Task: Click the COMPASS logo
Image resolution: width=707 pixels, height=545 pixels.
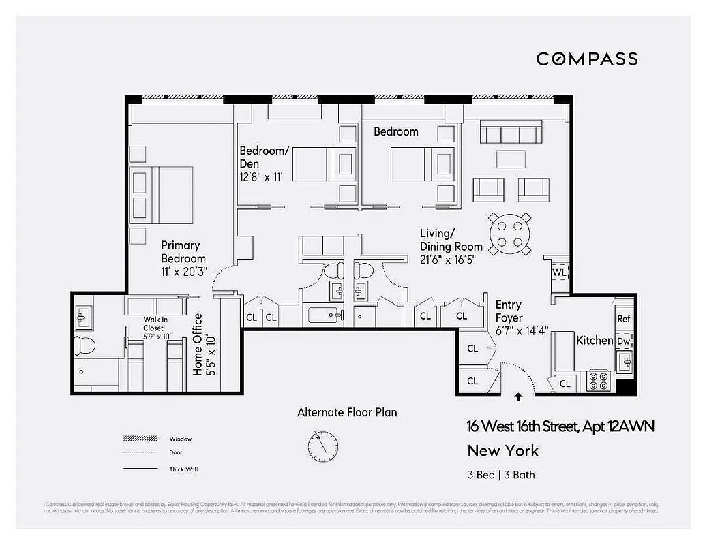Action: click(586, 59)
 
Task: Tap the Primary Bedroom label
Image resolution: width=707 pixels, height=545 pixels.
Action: click(183, 252)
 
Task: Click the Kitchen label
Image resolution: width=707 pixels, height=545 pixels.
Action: click(595, 340)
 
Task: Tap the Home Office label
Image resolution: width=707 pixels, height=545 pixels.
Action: click(204, 345)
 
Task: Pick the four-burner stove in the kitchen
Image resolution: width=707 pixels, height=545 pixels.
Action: click(598, 379)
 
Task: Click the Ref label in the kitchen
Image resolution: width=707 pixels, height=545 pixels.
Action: click(623, 319)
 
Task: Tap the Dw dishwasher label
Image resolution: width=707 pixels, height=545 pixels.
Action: click(623, 341)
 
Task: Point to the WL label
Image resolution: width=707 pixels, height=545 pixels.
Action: click(559, 272)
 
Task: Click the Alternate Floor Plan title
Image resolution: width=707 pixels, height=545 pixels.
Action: click(346, 412)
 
